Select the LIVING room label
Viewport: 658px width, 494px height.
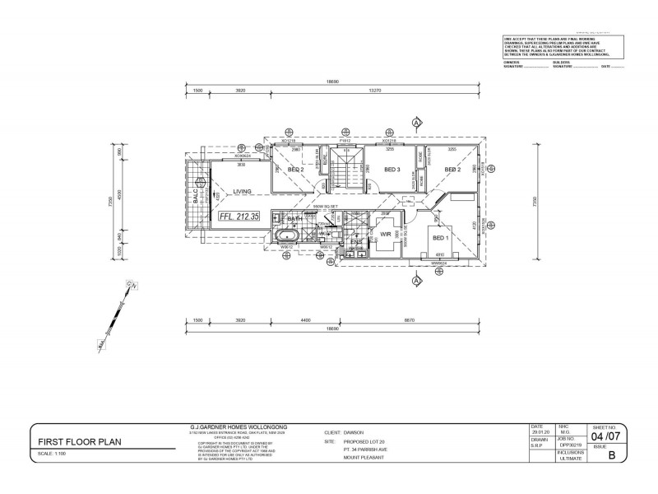point(242,191)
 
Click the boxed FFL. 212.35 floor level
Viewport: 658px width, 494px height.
point(240,217)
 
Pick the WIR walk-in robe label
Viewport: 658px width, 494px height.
point(385,235)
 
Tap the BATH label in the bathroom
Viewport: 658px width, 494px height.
point(295,218)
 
